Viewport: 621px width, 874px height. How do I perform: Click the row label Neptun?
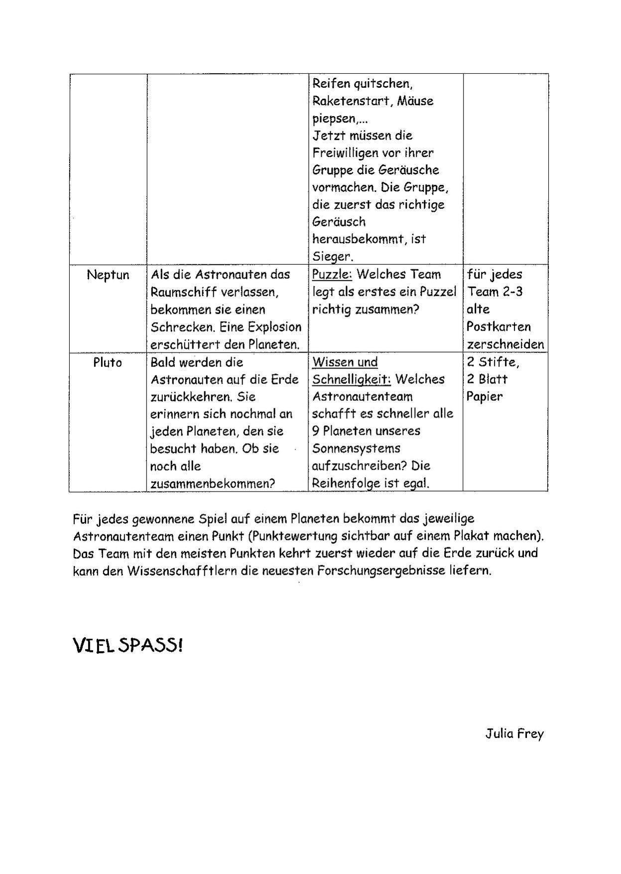click(108, 275)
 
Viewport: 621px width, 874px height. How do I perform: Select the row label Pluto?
click(108, 362)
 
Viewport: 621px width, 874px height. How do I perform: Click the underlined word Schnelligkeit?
click(352, 379)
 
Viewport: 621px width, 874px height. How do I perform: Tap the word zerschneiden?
click(505, 345)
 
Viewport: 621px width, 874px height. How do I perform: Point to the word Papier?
click(485, 397)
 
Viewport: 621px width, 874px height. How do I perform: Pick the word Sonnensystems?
click(356, 449)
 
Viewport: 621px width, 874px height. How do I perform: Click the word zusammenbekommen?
click(213, 484)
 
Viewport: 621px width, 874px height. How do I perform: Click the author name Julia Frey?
click(514, 734)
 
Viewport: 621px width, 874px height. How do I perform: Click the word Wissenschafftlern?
click(182, 571)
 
